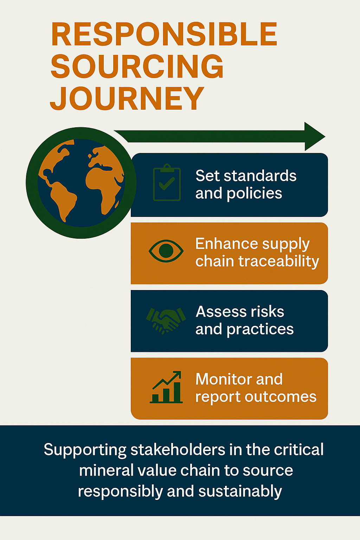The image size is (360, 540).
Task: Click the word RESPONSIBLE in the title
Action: click(x=164, y=34)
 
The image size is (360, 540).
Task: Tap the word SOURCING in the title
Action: click(x=137, y=66)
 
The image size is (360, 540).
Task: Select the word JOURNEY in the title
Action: click(x=127, y=98)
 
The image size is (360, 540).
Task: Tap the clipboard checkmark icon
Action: click(x=167, y=182)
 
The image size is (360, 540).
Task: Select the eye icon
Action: click(x=166, y=251)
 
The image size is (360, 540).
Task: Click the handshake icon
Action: click(x=166, y=320)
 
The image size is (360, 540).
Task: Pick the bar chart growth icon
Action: click(x=166, y=387)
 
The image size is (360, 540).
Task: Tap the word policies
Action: click(x=254, y=194)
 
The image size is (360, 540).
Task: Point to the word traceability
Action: click(x=279, y=261)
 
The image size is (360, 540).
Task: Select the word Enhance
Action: click(x=226, y=244)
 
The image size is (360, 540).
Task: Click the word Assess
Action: click(x=221, y=312)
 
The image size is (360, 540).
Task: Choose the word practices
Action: click(x=260, y=329)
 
